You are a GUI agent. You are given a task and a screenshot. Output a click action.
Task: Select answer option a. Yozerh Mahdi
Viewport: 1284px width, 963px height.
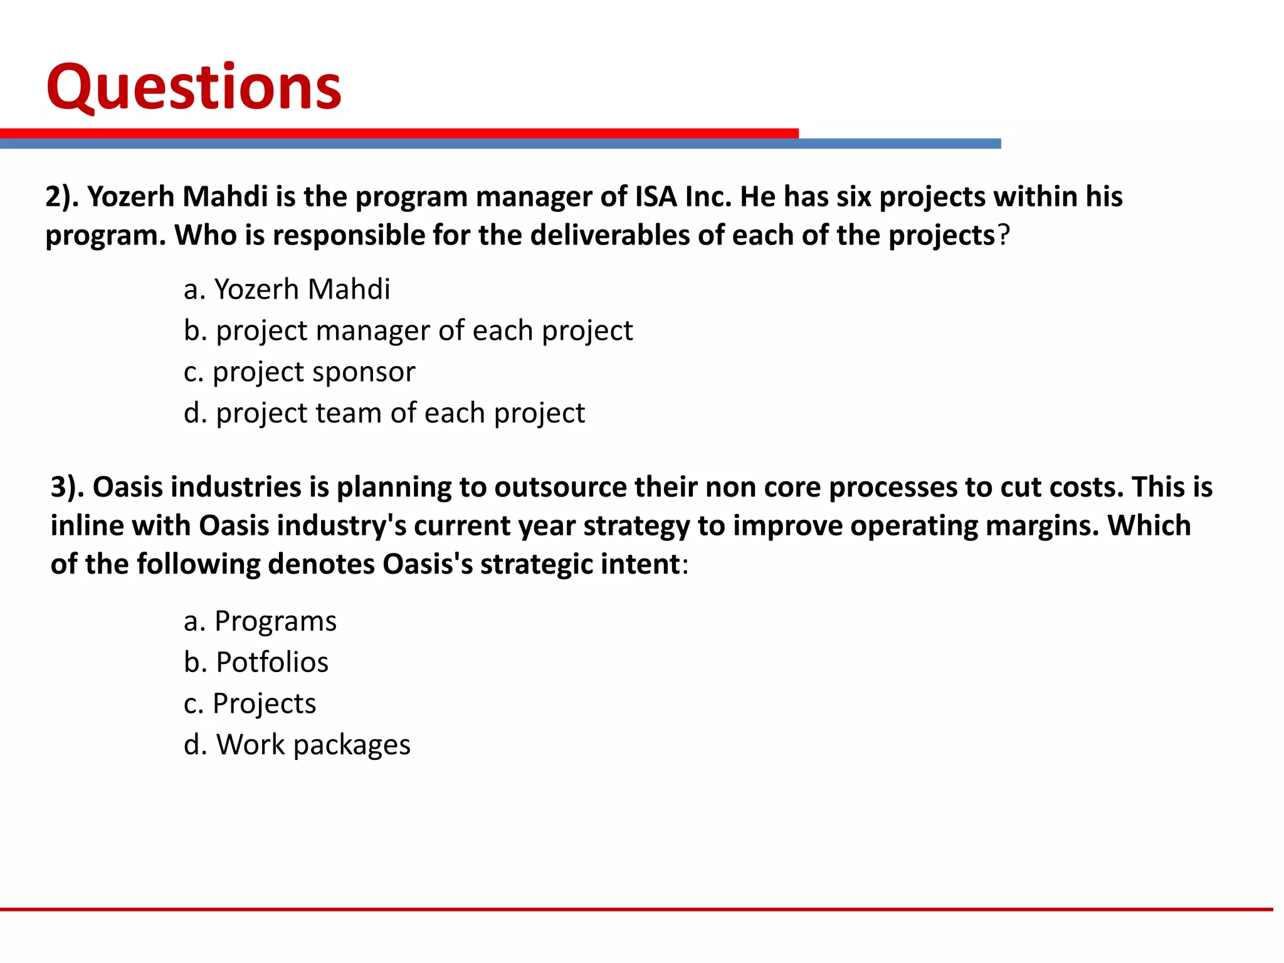287,290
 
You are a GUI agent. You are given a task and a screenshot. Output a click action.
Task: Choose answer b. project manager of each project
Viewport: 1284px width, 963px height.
408,331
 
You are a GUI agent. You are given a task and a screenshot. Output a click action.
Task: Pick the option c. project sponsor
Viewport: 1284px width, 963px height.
299,372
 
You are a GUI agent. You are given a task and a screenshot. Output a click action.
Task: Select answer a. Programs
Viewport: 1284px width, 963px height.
260,621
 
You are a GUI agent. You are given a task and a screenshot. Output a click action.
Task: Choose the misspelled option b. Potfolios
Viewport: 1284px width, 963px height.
256,663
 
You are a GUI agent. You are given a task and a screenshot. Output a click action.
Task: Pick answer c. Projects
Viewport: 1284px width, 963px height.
250,703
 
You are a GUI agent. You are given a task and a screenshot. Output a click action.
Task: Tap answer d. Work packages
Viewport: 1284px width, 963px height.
297,745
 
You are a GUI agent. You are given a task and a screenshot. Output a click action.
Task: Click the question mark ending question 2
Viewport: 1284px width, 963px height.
1004,236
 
